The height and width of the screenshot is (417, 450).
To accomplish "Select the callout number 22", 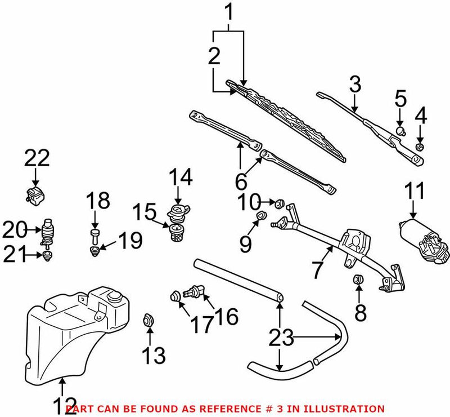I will (37, 159).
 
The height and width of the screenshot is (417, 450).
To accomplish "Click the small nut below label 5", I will (400, 131).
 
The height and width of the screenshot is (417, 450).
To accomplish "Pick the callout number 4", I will (420, 117).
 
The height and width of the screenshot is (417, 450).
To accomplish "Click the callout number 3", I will (354, 86).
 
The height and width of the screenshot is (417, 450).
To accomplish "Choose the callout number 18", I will (95, 201).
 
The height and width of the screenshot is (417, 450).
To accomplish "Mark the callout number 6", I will (240, 181).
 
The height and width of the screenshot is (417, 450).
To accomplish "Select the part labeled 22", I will (35, 196).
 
